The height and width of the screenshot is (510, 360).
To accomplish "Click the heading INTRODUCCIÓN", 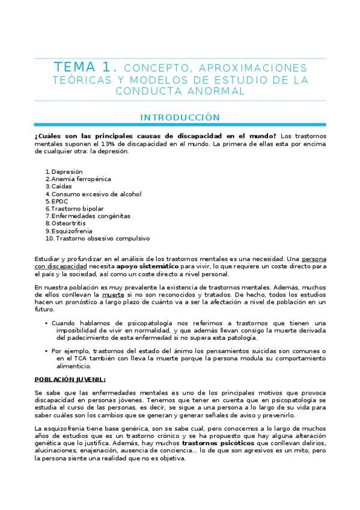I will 180,117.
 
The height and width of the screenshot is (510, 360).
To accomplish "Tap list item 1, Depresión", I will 67,171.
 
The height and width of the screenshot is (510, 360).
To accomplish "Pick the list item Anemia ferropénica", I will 81,179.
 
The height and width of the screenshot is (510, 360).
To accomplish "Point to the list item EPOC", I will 60,201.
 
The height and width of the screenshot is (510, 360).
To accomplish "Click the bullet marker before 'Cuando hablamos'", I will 46,323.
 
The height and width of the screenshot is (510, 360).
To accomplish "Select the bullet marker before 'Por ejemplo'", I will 46,351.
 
